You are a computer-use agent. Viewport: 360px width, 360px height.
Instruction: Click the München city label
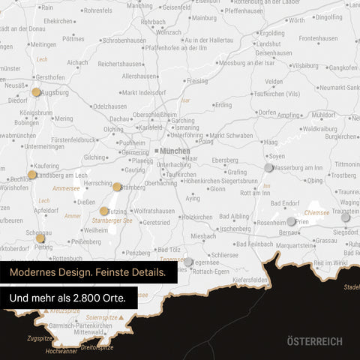pyautogui.click(x=174, y=151)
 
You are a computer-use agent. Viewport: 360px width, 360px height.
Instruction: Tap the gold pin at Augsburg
pyautogui.click(x=36, y=92)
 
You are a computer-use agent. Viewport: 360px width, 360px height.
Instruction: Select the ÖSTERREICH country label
pyautogui.click(x=314, y=341)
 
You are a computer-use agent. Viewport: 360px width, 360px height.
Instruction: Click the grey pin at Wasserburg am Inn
pyautogui.click(x=268, y=167)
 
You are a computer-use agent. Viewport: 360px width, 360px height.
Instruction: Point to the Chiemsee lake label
pyautogui.click(x=317, y=213)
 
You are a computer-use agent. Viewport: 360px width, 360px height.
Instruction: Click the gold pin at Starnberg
pyautogui.click(x=117, y=187)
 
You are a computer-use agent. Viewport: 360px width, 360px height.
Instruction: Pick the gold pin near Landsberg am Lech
pyautogui.click(x=31, y=175)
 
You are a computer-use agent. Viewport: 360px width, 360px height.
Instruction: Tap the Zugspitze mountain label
pyautogui.click(x=39, y=338)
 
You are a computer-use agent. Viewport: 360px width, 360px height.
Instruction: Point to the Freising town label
pyautogui.click(x=196, y=80)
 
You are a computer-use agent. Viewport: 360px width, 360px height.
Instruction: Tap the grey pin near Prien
pyautogui.click(x=292, y=221)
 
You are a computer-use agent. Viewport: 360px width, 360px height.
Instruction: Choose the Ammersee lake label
pyautogui.click(x=66, y=189)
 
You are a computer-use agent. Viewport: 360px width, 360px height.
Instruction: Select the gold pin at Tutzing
pyautogui.click(x=104, y=211)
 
